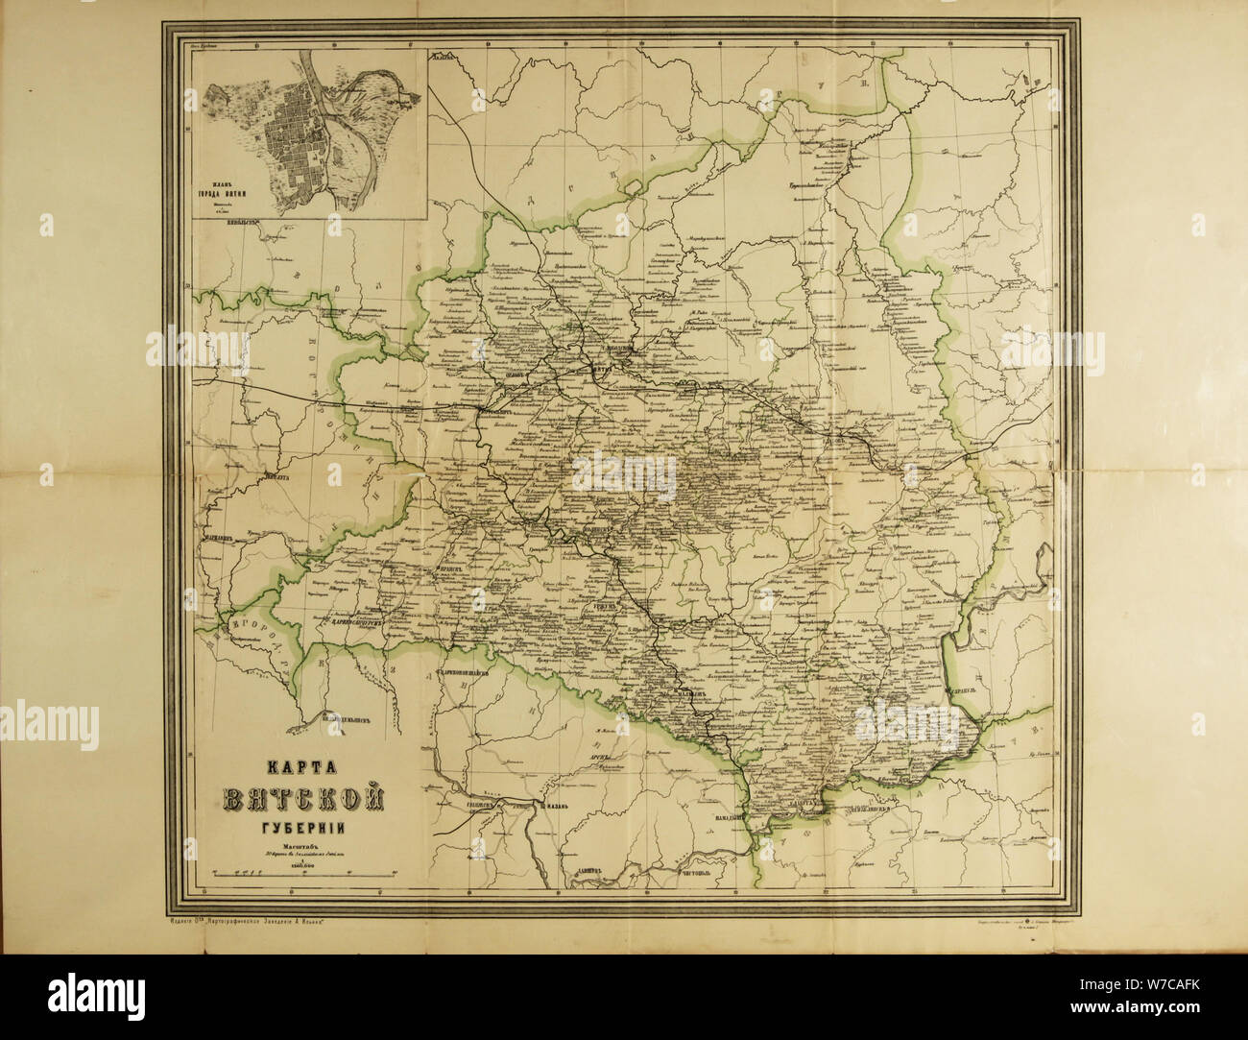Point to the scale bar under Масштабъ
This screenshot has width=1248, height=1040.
click(x=304, y=873)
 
